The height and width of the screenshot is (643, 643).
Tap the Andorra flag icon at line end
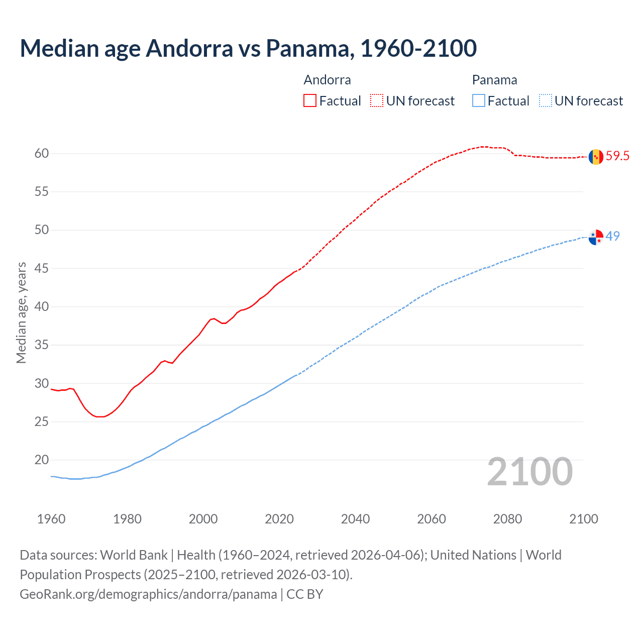click(596, 157)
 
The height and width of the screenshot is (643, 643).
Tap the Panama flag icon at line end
click(596, 237)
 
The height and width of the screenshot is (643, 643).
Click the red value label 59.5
click(617, 156)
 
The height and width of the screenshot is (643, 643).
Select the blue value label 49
click(613, 236)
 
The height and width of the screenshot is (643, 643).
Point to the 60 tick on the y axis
click(42, 154)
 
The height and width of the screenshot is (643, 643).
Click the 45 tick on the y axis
click(42, 269)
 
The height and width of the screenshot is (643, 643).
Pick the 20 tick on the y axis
click(42, 460)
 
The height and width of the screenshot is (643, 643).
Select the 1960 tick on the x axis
click(51, 519)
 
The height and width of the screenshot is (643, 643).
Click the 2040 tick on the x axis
click(355, 519)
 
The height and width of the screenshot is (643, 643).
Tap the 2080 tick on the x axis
click(507, 519)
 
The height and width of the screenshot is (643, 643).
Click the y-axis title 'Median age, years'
click(21, 312)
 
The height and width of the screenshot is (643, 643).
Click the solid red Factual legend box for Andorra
click(310, 101)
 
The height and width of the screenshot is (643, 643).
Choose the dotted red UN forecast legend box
click(377, 101)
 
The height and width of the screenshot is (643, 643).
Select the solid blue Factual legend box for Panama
click(479, 101)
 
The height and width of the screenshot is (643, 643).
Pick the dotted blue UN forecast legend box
click(546, 101)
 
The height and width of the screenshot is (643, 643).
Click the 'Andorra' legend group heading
click(327, 80)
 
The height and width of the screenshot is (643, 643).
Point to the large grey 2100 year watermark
click(529, 472)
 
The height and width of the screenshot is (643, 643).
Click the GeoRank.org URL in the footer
click(148, 594)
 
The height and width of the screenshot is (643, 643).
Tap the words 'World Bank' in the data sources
click(134, 555)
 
